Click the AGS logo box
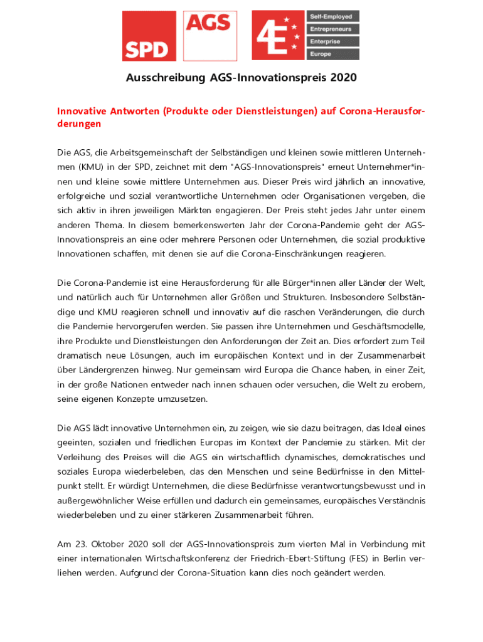210,35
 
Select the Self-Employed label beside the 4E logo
332,16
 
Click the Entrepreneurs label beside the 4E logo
332,29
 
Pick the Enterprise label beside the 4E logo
332,41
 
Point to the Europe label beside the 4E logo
332,55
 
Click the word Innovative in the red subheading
80,111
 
